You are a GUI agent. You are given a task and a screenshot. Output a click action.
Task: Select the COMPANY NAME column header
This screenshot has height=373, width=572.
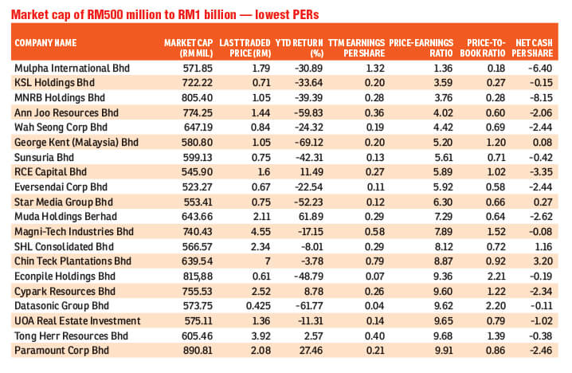[46, 41]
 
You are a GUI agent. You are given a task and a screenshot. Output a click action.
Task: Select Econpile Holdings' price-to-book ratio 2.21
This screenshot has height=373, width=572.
[492, 275]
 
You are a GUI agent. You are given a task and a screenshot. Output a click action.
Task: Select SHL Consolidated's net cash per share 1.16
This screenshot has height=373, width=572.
[544, 245]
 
